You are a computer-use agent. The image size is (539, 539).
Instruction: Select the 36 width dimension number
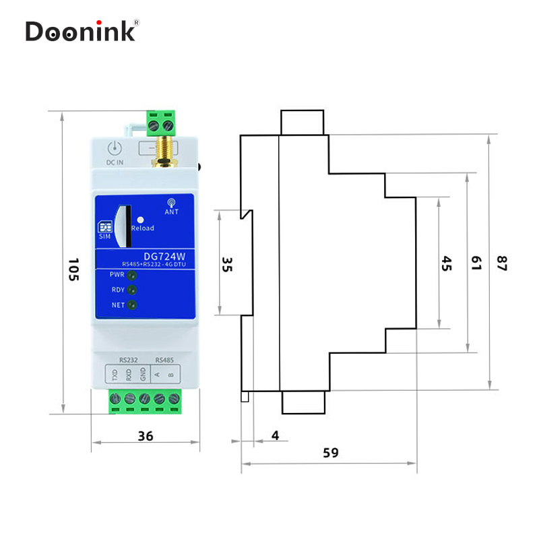click(x=146, y=436)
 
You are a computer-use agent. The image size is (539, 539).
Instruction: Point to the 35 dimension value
click(x=227, y=264)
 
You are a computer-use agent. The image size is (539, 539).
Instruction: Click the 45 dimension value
click(x=447, y=263)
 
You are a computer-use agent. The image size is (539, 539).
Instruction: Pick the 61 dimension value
click(x=476, y=263)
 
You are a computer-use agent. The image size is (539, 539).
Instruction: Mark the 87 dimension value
click(x=501, y=263)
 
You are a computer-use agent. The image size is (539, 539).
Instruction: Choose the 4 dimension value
click(x=275, y=435)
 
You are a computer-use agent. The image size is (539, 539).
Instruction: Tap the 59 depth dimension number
click(x=330, y=453)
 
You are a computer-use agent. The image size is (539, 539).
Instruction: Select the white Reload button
click(x=140, y=219)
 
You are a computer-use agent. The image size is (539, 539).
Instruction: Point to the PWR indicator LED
click(x=132, y=276)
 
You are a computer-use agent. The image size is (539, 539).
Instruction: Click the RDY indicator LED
click(x=132, y=290)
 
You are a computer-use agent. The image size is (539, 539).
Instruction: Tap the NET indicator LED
click(x=132, y=306)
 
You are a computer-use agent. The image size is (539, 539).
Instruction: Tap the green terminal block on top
click(x=162, y=121)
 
